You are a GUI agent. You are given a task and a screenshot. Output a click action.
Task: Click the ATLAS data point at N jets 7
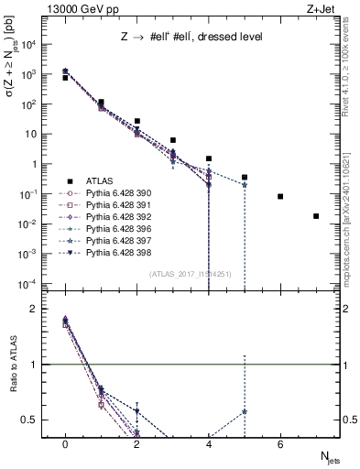316,216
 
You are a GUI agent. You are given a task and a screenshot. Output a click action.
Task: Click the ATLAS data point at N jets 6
280,196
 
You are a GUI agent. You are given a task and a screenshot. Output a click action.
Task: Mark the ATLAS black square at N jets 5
245,177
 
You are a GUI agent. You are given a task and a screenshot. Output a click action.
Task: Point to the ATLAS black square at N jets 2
136,121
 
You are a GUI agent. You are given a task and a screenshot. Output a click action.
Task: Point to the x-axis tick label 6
280,444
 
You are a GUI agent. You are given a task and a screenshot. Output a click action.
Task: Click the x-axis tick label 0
65,444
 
